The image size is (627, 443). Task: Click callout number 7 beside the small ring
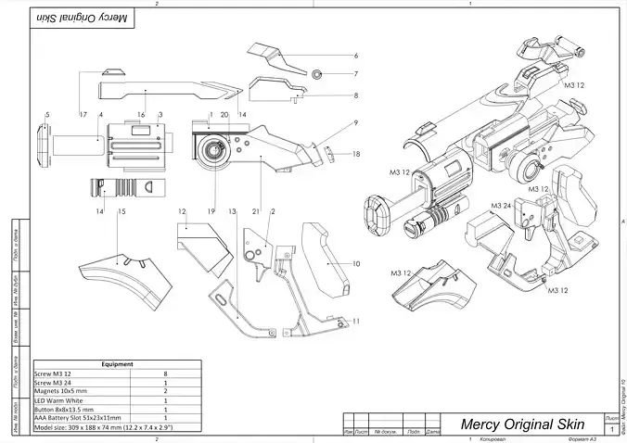point(355,73)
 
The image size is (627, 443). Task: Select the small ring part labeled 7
point(316,73)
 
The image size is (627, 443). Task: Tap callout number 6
point(355,56)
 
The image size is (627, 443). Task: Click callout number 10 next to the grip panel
point(356,264)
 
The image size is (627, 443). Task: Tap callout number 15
point(122,212)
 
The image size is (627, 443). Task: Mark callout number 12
point(184,212)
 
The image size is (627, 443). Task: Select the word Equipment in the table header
point(118,364)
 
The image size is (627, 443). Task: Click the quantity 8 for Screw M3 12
point(165,373)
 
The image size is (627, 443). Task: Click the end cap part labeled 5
point(43,145)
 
